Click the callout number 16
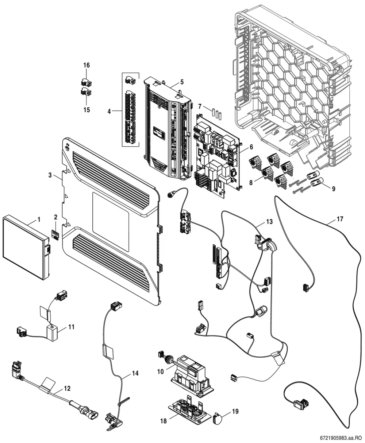point(87,65)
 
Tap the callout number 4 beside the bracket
point(109,112)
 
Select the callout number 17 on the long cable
point(340,219)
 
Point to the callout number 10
point(161,372)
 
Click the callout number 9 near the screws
point(334,189)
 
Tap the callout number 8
point(251,183)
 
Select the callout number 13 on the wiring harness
point(269,221)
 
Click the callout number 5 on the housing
point(182,82)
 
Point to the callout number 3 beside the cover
point(50,175)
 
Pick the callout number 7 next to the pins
point(200,106)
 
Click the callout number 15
point(87,110)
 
